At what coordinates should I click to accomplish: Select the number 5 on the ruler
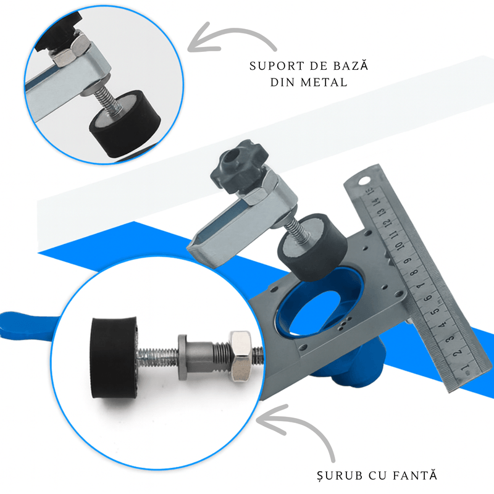pos(435,311)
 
